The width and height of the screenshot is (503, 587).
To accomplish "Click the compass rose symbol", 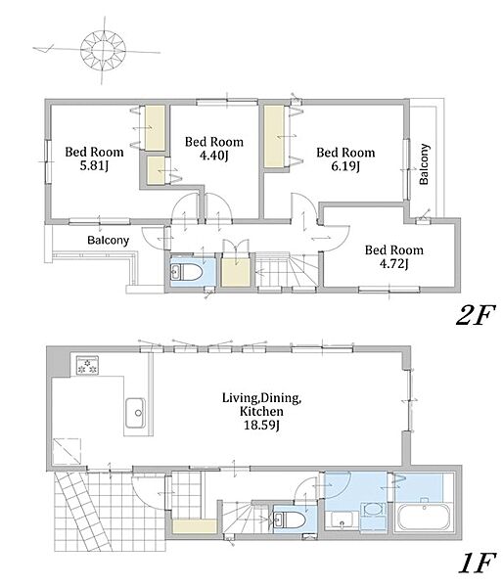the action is (x=103, y=51).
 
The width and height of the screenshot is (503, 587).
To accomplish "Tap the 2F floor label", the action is (x=475, y=315).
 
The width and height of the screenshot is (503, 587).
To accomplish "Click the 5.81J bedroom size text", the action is (x=94, y=165).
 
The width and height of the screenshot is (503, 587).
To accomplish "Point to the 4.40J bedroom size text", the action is (x=214, y=155).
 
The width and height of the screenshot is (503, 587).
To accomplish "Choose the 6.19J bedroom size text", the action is (x=345, y=166).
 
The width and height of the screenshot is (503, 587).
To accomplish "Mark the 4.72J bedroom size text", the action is (x=394, y=263).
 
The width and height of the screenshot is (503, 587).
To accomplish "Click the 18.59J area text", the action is (x=261, y=425).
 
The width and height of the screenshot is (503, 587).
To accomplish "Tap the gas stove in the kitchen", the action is (x=87, y=365).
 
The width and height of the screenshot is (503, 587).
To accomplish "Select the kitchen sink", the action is (x=135, y=413).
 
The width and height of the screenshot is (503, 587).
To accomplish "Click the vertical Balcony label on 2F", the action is (x=424, y=164).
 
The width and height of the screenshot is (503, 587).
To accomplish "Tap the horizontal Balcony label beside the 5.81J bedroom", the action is (x=109, y=240).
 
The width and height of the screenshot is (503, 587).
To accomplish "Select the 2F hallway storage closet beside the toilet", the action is (x=236, y=271).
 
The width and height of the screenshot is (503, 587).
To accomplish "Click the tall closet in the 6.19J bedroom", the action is (x=274, y=136).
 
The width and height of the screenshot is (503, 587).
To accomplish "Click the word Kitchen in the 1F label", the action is (x=261, y=412).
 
